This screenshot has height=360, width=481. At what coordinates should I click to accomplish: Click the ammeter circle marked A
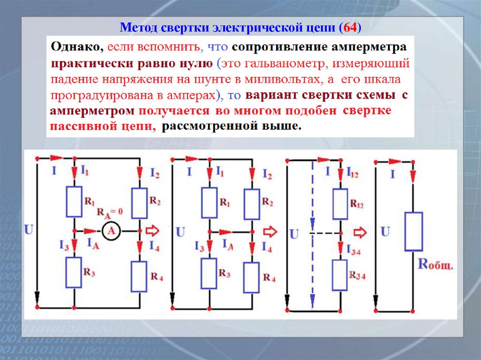[111, 231]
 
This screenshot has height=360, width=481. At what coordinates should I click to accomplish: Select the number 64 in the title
[350, 28]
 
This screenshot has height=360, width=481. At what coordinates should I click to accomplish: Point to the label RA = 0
[109, 212]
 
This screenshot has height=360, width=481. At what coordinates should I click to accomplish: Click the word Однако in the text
[78, 48]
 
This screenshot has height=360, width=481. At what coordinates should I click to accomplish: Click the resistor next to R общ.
[413, 231]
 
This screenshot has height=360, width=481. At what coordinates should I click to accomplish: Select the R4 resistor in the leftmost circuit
[140, 276]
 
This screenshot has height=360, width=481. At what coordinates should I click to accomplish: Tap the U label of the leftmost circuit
[29, 230]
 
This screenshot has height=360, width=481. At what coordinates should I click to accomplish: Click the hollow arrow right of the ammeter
[154, 231]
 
